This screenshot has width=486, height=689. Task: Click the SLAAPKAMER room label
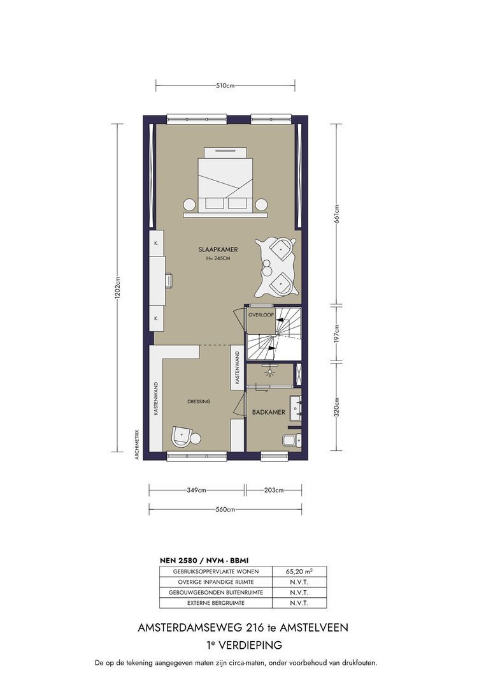point(218,249)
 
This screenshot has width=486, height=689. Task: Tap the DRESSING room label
point(199,401)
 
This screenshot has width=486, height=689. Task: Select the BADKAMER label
point(268,412)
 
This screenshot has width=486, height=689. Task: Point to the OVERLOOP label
point(261,315)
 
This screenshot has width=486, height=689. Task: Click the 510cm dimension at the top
point(225,85)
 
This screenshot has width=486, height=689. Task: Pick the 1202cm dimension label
point(117,288)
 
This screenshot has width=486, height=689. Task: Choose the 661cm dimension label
point(336,214)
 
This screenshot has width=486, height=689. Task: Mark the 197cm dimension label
point(336,334)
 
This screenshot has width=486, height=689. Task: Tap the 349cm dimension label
point(196,490)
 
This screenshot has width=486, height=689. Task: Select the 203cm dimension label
point(274,490)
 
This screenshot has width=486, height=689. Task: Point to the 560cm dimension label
point(225,509)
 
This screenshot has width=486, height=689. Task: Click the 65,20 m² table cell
point(299,571)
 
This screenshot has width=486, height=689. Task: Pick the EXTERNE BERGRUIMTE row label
point(216,603)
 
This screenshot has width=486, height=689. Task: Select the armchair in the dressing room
point(181,436)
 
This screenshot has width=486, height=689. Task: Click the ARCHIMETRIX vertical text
point(137,444)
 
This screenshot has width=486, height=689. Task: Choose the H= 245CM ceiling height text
point(218,258)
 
